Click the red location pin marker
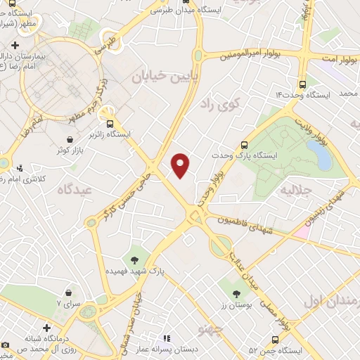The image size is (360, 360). click(x=181, y=165)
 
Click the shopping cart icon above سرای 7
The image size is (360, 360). click(x=68, y=292)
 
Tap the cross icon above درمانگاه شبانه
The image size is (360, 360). click(x=46, y=328)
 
